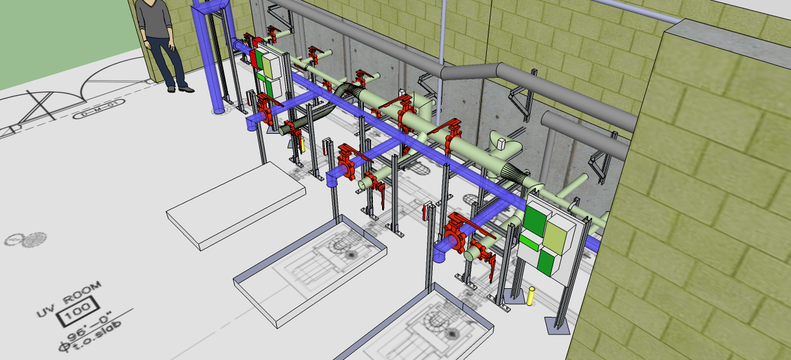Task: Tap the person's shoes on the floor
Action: pyautogui.click(x=181, y=89)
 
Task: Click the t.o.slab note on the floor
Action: pyautogui.click(x=97, y=342)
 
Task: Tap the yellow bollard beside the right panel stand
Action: pyautogui.click(x=531, y=296)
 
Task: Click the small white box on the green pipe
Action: pyautogui.click(x=503, y=144)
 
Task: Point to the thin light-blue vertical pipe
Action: pyautogui.click(x=442, y=36)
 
